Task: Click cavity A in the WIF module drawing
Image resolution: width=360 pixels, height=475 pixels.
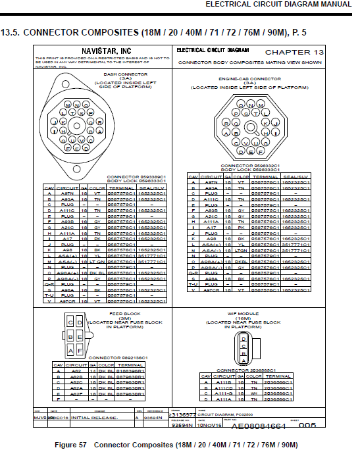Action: coord(244,361)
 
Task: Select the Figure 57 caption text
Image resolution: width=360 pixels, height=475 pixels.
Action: coord(178,445)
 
